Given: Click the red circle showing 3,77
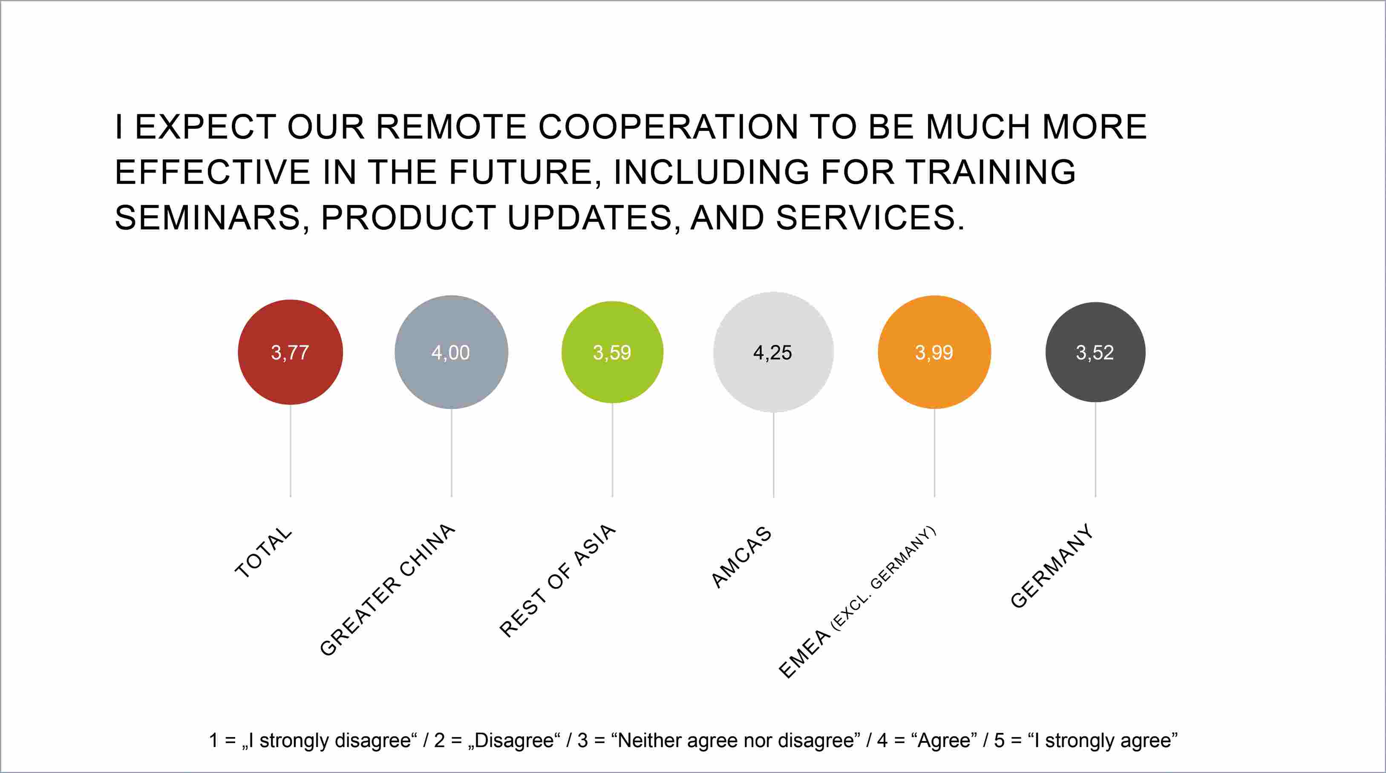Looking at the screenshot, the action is [x=291, y=352].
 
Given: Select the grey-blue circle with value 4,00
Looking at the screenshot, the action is [x=451, y=352].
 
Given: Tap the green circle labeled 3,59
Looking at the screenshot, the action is [x=612, y=352].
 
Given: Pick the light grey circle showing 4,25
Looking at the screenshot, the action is [x=774, y=352].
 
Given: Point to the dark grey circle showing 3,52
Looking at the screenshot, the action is [x=1095, y=352].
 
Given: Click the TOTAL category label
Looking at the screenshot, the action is [x=264, y=552].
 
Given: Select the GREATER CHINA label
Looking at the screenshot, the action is [x=387, y=589].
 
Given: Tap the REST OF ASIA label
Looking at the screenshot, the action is [x=557, y=580].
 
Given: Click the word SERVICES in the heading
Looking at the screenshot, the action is [x=870, y=218].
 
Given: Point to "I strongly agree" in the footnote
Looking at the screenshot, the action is [x=1107, y=741].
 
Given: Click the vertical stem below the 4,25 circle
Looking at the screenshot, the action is [x=774, y=455].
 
